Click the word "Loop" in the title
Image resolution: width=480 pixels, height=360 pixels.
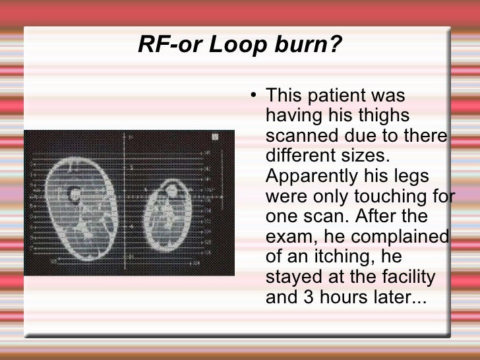click(x=235, y=45)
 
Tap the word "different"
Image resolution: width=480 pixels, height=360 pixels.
click(x=303, y=157)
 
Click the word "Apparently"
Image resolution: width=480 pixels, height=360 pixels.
click(x=317, y=177)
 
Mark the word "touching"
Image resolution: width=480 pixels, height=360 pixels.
click(x=389, y=197)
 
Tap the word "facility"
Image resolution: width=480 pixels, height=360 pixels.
click(x=410, y=278)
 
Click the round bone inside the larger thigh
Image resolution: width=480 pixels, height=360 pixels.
click(x=73, y=194)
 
